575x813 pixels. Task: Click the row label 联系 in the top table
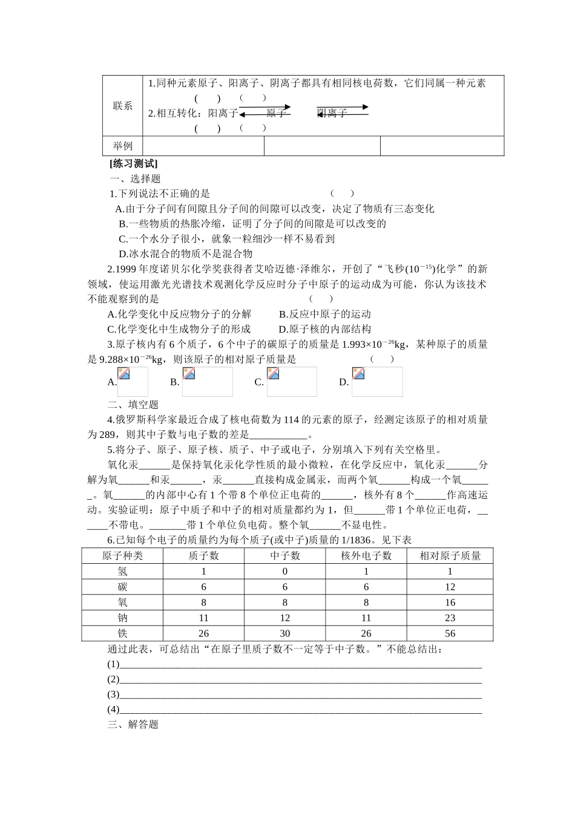(122, 106)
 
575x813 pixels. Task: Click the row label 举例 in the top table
(122, 146)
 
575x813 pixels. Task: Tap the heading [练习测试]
(133, 163)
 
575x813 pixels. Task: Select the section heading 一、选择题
(135, 178)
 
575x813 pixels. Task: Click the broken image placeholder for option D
(377, 381)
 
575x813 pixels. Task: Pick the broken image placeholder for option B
(207, 381)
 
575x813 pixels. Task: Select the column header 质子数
(203, 555)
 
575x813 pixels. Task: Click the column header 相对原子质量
(450, 555)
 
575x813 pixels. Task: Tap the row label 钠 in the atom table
(122, 618)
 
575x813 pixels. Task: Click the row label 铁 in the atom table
(122, 633)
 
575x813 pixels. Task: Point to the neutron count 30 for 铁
(284, 633)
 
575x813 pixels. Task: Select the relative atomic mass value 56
(450, 633)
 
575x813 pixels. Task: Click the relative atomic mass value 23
(450, 618)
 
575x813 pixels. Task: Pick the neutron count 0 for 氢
(284, 571)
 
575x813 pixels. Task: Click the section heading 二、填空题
(133, 405)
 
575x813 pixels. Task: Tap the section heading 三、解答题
(133, 724)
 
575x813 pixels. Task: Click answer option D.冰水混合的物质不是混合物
(186, 254)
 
